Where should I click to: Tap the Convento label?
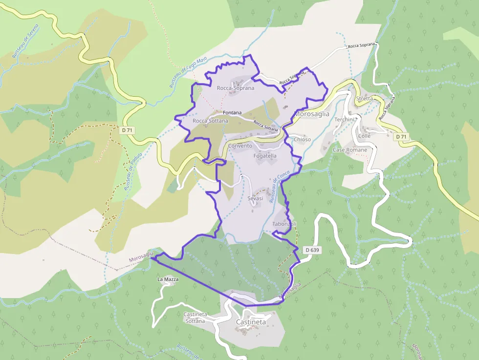click(x=240, y=146)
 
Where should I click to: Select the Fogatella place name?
click(x=265, y=156)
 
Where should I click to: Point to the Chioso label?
click(x=302, y=140)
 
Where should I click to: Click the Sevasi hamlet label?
click(x=255, y=198)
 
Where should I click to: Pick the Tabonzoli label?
click(x=284, y=224)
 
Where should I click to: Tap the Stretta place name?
click(x=365, y=99)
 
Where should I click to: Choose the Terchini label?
click(x=344, y=120)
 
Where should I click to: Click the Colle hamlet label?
click(x=365, y=136)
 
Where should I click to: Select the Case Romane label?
click(x=349, y=150)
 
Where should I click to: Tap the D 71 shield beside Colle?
click(x=401, y=136)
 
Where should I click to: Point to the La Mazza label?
click(x=168, y=279)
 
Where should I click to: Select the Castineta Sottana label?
click(x=195, y=318)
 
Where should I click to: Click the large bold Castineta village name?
click(x=251, y=322)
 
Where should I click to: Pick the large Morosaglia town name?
click(x=312, y=114)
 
